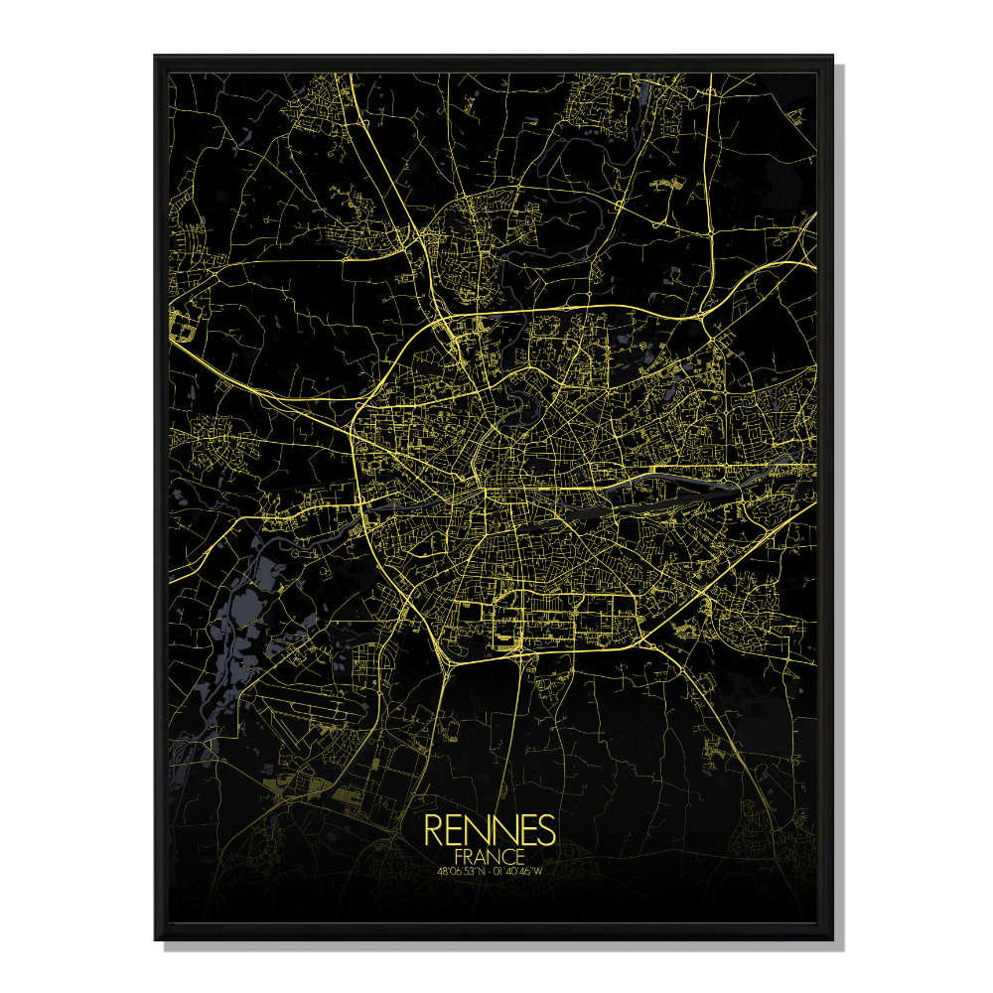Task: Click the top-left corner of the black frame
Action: point(156,57)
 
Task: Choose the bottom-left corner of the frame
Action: point(156,938)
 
